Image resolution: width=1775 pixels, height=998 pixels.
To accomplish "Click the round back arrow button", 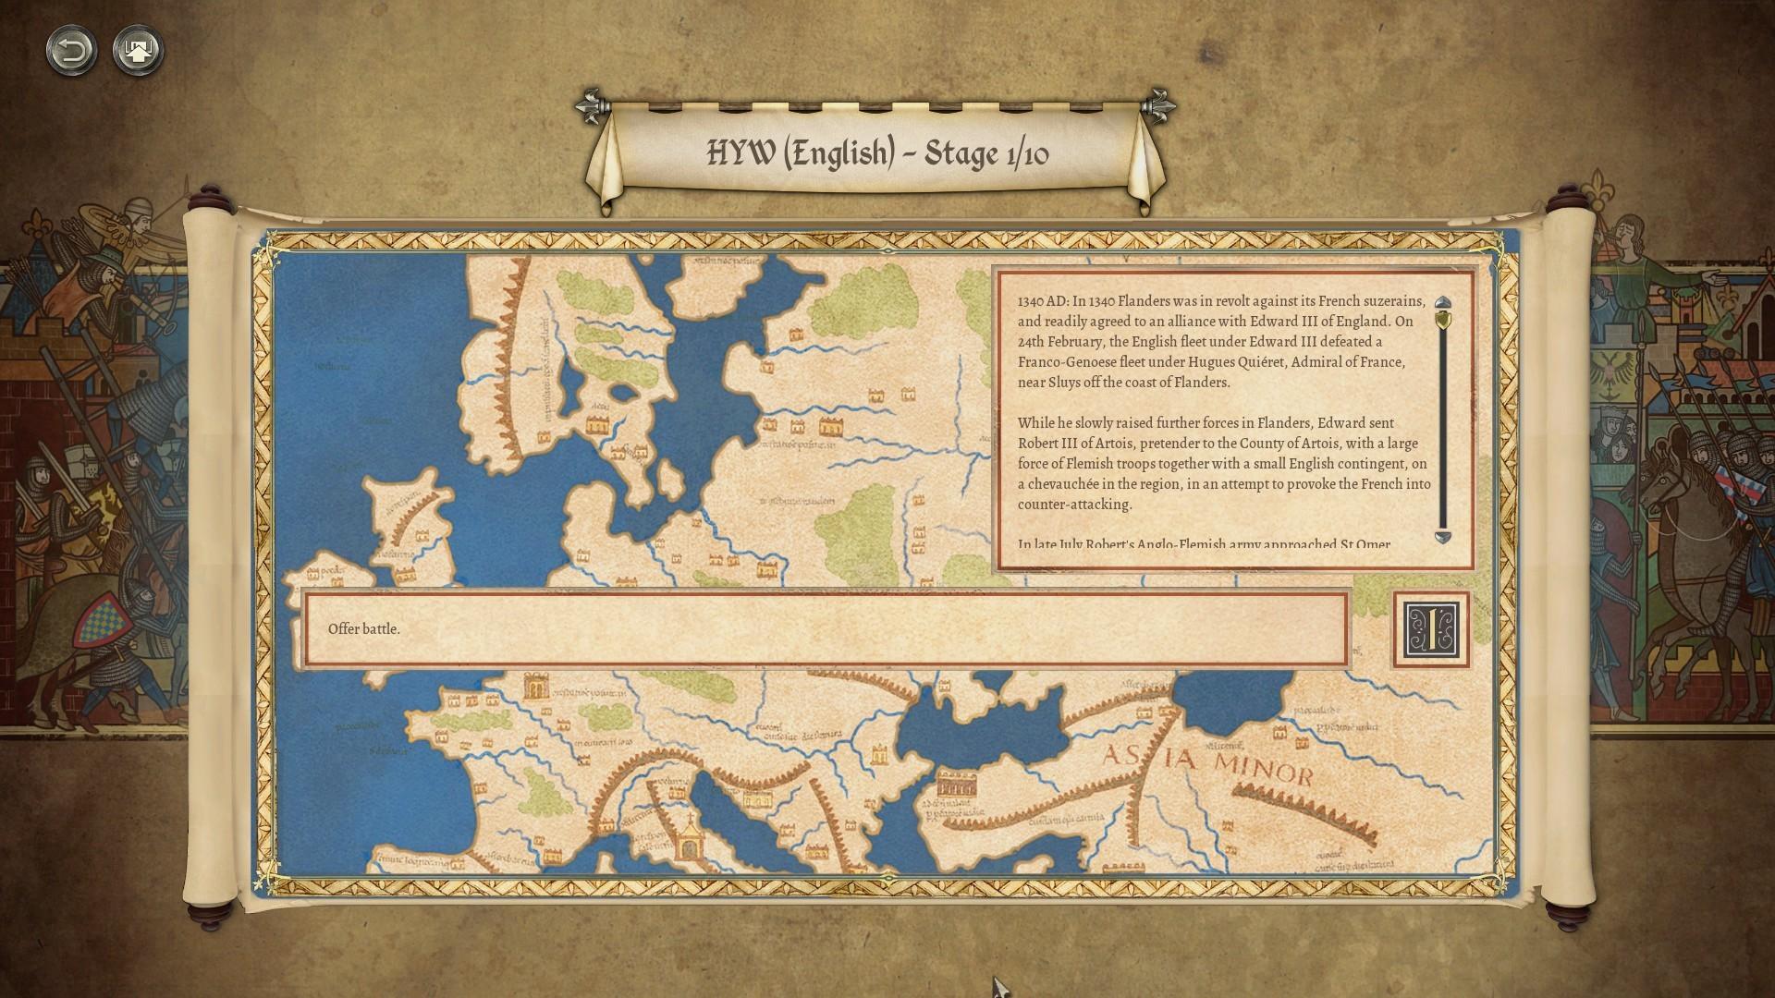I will pyautogui.click(x=71, y=50).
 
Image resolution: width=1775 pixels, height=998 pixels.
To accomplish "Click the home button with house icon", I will pyautogui.click(x=138, y=50).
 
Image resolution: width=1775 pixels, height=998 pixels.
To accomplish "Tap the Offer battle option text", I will pyautogui.click(x=364, y=629).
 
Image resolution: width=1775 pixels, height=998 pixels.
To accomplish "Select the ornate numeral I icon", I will pyautogui.click(x=1430, y=630).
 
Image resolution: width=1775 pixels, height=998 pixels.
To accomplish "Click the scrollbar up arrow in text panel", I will pyautogui.click(x=1442, y=304).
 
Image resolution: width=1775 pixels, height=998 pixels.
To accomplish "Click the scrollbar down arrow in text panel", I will pyautogui.click(x=1442, y=537).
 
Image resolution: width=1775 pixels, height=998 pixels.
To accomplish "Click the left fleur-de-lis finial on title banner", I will pyautogui.click(x=591, y=106).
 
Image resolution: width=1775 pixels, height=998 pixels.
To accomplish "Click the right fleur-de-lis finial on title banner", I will pyautogui.click(x=1157, y=106).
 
